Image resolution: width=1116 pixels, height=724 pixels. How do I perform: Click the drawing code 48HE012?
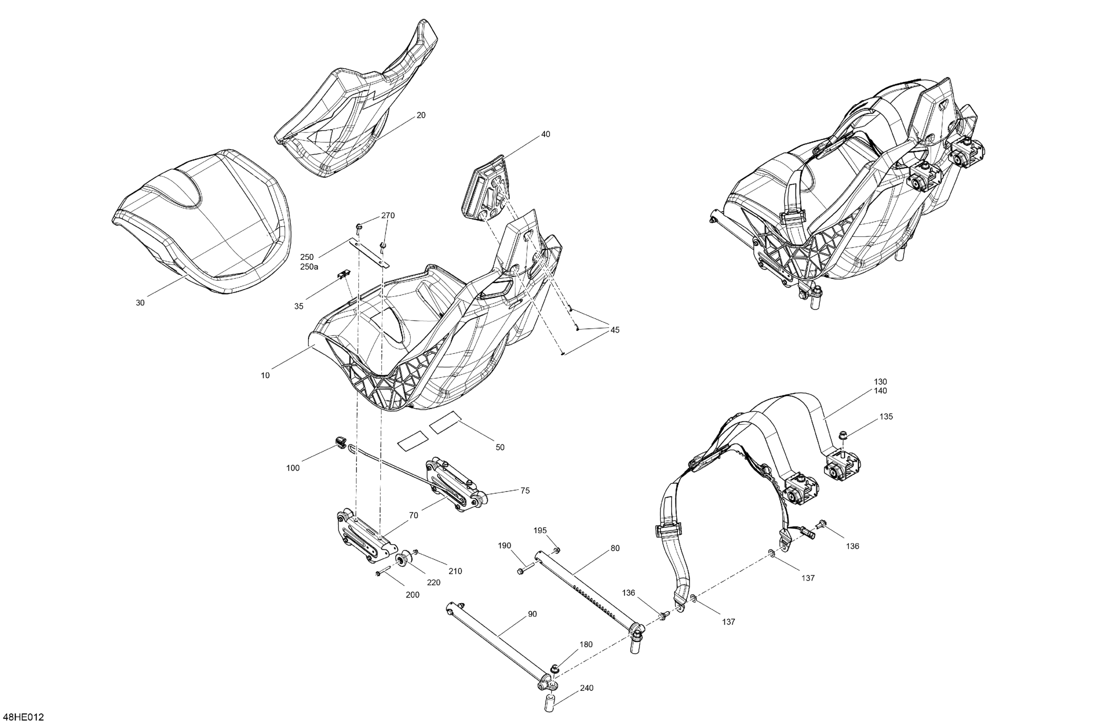point(23,717)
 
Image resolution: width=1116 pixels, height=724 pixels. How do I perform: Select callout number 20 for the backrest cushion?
point(421,115)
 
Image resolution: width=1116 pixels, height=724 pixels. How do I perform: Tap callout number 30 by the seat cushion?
point(140,303)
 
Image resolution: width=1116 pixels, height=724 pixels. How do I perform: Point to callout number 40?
point(545,134)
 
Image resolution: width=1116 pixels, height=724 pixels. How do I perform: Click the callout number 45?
point(615,330)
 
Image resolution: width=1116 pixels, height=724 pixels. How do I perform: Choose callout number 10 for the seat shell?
point(266,375)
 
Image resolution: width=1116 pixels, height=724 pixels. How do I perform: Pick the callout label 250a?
point(309,267)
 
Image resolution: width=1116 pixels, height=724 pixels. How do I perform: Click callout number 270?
point(388,216)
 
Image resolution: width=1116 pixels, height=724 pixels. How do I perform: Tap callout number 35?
point(299,306)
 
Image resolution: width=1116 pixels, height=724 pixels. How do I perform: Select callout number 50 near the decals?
point(500,447)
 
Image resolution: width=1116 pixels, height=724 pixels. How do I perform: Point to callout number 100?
point(292,468)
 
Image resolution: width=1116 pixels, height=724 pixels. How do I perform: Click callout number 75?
point(525,490)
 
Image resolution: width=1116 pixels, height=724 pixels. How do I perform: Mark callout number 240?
point(586,688)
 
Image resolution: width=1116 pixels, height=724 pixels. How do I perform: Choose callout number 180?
point(586,644)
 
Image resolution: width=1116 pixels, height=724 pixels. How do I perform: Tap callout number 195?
point(540,530)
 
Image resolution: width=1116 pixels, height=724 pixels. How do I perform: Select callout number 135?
point(886,416)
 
